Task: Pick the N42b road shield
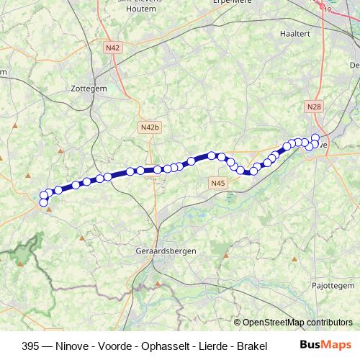click(148, 127)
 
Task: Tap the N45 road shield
click(219, 184)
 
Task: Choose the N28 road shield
click(313, 107)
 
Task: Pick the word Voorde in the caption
click(104, 346)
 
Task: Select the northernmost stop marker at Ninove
click(315, 138)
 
